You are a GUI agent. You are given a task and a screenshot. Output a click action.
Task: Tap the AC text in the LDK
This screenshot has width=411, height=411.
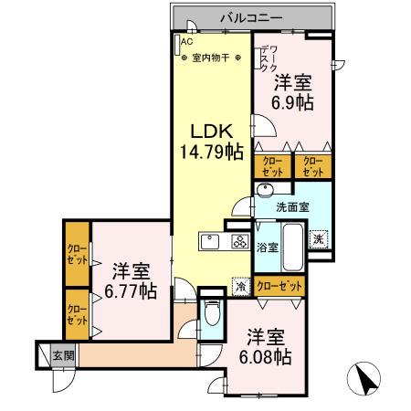point(187,41)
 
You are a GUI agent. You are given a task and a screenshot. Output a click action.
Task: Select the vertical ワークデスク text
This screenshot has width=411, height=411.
point(264,59)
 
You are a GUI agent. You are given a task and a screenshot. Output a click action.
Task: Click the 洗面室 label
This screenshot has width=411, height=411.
point(293,207)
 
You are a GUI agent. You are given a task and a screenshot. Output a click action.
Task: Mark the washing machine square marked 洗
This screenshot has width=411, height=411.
point(316,238)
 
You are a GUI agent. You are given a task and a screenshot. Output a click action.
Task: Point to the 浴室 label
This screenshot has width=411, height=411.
point(266,246)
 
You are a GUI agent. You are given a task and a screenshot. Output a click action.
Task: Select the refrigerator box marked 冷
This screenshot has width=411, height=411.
point(240,285)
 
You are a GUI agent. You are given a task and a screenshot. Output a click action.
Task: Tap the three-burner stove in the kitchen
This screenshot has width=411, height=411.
point(240,243)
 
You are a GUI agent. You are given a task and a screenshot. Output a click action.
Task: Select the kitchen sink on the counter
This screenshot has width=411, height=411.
point(208,243)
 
